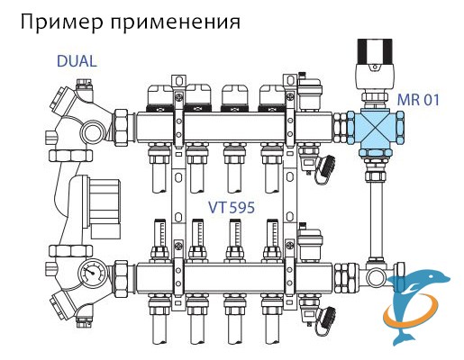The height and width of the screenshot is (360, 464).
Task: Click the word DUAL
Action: click(77, 61)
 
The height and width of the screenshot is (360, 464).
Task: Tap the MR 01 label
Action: click(418, 99)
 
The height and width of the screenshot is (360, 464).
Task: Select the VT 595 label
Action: click(232, 207)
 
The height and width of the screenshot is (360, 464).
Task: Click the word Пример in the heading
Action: click(62, 22)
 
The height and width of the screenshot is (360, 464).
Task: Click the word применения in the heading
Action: click(176, 22)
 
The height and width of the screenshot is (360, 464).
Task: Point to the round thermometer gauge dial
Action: click(90, 273)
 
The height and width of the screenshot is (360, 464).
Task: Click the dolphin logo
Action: click(416, 307)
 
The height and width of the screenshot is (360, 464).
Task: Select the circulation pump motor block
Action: click(104, 207)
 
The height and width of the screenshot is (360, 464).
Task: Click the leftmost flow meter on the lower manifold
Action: click(159, 237)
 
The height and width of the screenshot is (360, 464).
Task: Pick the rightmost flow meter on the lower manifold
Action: click(271, 237)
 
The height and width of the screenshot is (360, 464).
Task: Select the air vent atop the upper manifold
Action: click(310, 92)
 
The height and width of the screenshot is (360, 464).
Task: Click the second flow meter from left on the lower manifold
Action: click(196, 237)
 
